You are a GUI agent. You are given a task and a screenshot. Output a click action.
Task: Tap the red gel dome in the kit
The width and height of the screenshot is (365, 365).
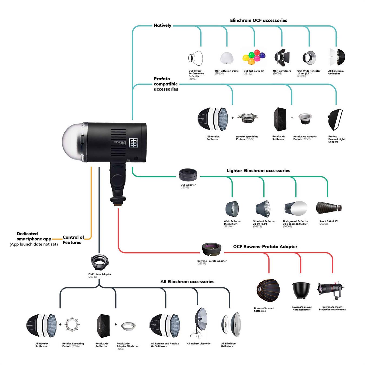point(257,52)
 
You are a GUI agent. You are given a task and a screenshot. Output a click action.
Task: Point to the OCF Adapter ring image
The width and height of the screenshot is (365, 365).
point(188,174)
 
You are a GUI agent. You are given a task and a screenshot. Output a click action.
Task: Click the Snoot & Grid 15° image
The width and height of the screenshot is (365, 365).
point(329,208)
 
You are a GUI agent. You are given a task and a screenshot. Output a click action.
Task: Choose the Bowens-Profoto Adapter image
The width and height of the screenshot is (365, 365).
point(212,249)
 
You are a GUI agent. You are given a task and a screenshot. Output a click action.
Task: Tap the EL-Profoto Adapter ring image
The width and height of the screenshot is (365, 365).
point(100,262)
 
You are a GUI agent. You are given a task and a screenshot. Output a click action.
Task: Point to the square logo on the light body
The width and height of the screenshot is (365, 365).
point(134,143)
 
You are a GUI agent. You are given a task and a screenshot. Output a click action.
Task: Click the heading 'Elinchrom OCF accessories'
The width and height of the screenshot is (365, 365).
point(258,21)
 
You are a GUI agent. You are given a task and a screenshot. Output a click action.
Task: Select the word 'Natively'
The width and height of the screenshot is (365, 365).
point(162,25)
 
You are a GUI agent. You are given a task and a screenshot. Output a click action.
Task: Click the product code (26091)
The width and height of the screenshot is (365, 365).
point(193,79)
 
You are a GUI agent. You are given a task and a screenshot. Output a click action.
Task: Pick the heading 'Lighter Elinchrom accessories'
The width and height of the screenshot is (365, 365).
point(258,171)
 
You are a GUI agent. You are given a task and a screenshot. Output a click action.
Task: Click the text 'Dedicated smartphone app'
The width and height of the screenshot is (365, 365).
point(34,236)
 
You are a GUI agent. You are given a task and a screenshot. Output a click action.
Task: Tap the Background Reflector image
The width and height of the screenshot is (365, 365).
point(296,208)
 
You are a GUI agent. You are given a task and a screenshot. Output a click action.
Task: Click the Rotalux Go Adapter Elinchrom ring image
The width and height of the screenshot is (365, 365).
point(128,326)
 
